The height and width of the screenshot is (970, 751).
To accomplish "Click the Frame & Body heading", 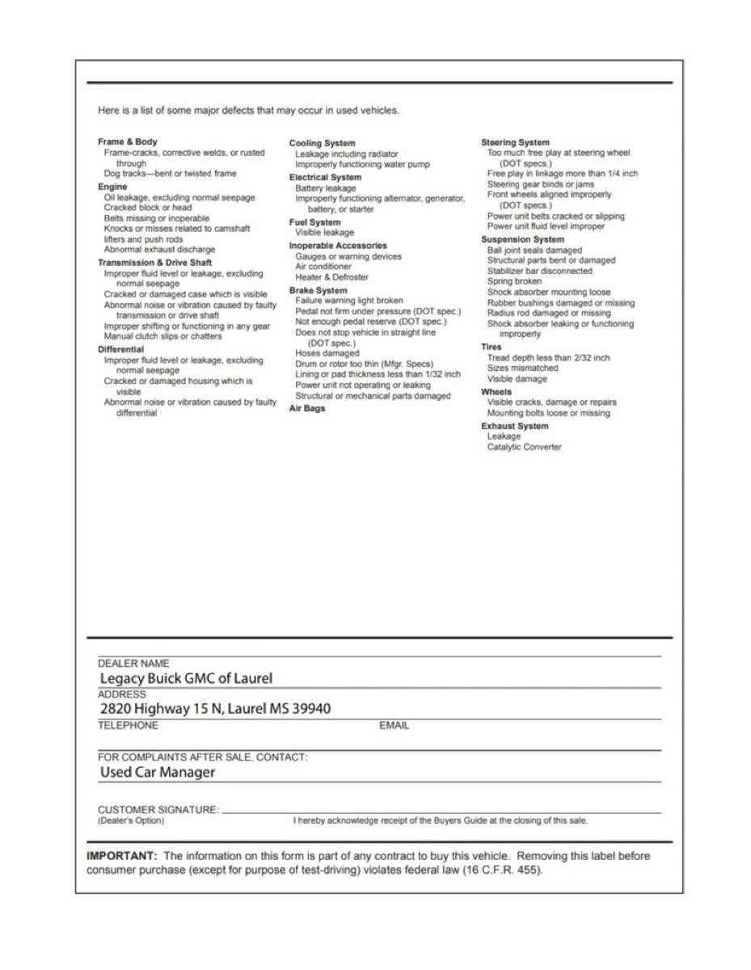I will click(128, 141).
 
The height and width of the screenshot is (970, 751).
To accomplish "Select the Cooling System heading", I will click(322, 143).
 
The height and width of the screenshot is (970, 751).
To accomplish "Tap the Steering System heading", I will click(515, 142).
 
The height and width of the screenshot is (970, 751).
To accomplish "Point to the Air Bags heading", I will click(307, 408).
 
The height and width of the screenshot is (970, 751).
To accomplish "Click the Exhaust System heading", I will click(514, 426).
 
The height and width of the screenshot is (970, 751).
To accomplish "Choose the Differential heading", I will click(120, 349).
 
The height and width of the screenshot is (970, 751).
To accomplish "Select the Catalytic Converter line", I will click(524, 447).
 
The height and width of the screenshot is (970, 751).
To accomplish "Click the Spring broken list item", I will click(514, 281).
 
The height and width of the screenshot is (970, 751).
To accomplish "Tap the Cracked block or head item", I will click(148, 207).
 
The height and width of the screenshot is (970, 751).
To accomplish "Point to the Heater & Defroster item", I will click(331, 277).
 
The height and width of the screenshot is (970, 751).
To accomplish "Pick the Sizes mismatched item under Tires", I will click(517, 368).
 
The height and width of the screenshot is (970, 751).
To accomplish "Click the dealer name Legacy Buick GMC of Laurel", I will click(186, 678).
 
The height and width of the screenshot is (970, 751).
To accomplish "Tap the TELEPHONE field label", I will click(128, 725).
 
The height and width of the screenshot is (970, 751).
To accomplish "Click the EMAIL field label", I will click(394, 726).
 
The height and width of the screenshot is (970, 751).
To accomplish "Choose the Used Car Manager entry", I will click(158, 772).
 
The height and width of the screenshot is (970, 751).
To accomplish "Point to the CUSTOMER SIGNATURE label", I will click(158, 809).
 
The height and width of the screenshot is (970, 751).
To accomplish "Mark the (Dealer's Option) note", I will click(130, 820).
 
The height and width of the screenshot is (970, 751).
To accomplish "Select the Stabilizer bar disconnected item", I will click(539, 271).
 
